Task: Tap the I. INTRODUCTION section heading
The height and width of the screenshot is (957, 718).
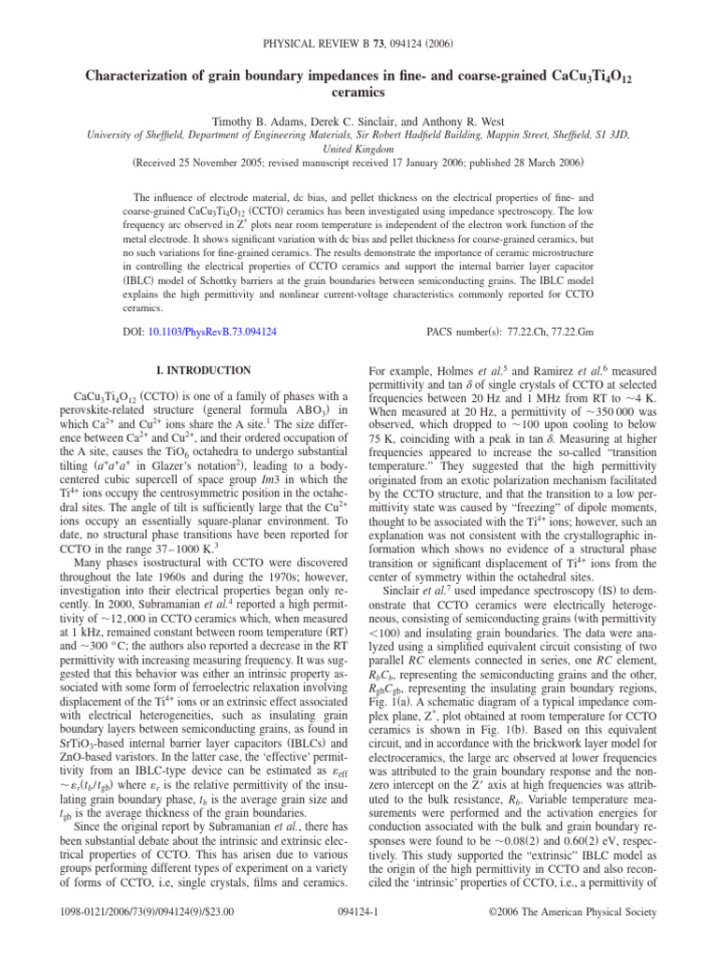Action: (200, 371)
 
